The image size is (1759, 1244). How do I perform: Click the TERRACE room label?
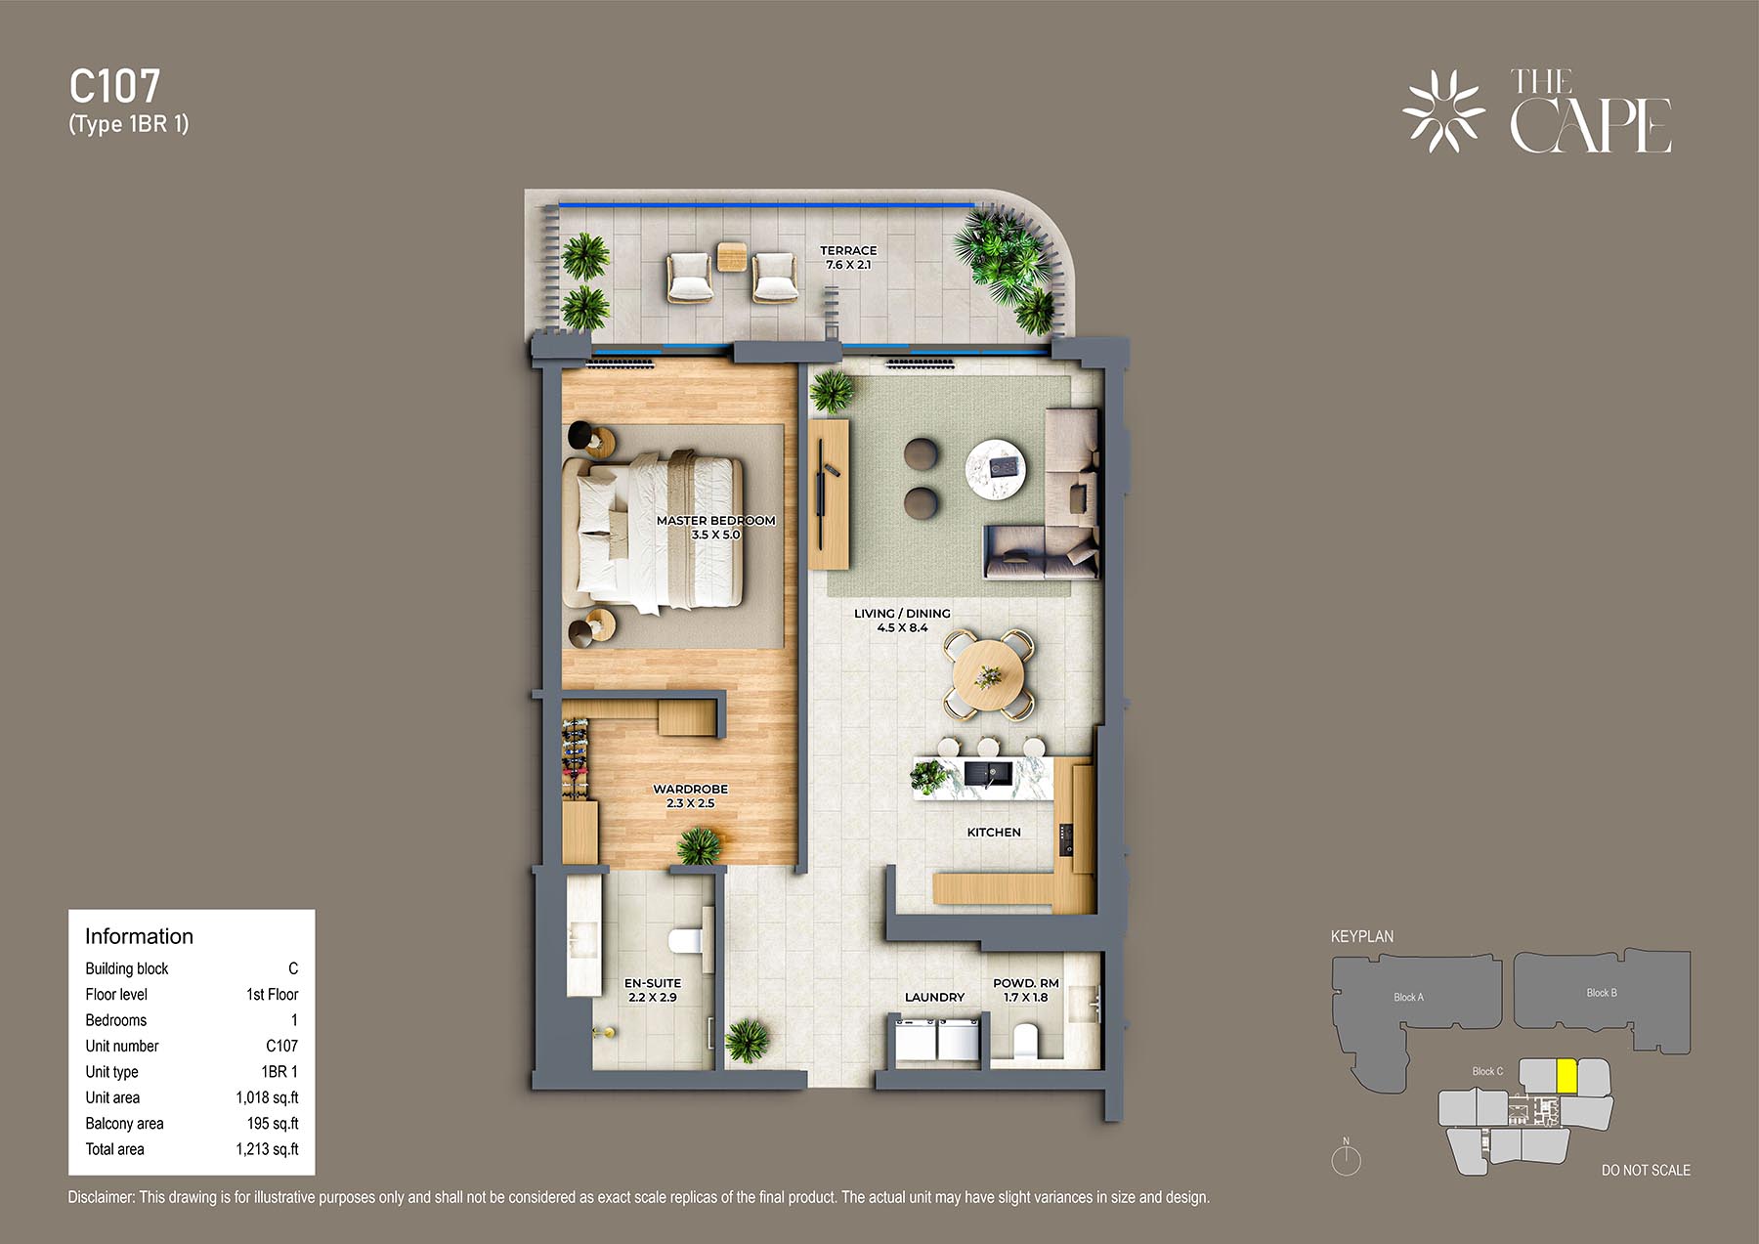pos(848,250)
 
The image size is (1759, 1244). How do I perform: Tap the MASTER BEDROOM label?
pos(715,521)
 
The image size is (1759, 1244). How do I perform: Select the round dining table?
pos(989,675)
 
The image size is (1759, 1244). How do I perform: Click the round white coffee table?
pos(996,469)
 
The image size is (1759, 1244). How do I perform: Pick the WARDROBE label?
pos(690,789)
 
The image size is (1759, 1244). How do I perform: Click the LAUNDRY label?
pos(934,997)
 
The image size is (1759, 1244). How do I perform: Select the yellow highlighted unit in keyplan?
pos(1566,1076)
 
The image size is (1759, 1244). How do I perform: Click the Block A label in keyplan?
pos(1408,997)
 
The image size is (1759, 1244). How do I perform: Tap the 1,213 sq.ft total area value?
pos(267,1149)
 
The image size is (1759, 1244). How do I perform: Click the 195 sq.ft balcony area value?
pos(273,1124)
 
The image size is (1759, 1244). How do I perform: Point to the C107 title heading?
pos(114,86)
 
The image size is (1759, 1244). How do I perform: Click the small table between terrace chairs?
pos(731,257)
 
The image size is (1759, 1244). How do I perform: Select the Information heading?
pos(139,936)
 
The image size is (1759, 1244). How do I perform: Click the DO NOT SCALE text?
pos(1646,1170)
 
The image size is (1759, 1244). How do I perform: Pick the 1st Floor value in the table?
pos(272,994)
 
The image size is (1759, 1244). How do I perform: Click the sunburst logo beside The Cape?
pos(1443,111)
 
